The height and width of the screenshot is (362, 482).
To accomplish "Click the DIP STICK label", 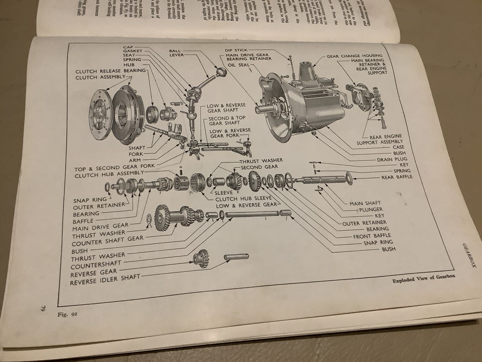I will click(x=236, y=51).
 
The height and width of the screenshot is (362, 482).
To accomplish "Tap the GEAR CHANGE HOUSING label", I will click(x=354, y=56).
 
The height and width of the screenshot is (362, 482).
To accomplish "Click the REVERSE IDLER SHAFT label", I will click(x=105, y=282).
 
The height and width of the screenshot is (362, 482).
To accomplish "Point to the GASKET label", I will click(x=132, y=52).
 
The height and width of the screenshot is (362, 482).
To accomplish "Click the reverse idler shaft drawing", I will click(x=236, y=257).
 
